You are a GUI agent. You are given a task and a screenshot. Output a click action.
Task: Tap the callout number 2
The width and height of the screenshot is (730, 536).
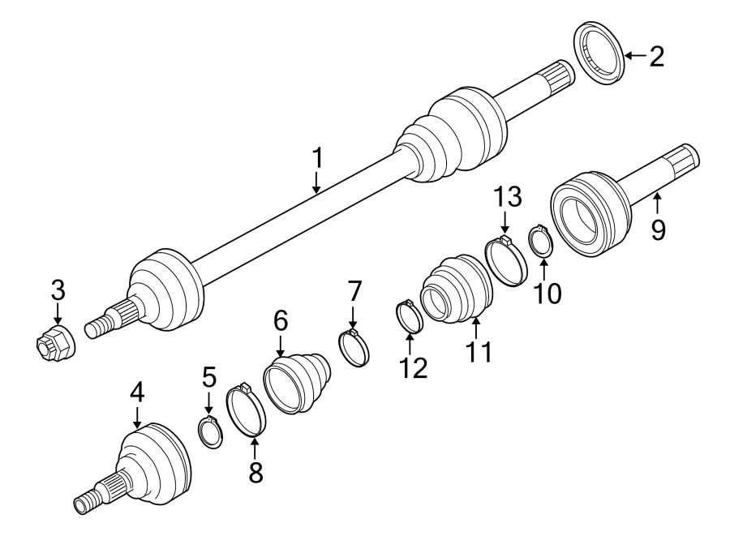click(x=655, y=56)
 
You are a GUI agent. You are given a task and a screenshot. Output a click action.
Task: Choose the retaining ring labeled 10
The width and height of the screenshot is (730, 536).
click(x=541, y=241)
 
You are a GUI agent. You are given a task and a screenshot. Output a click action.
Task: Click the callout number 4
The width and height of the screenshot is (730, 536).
click(x=137, y=393)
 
